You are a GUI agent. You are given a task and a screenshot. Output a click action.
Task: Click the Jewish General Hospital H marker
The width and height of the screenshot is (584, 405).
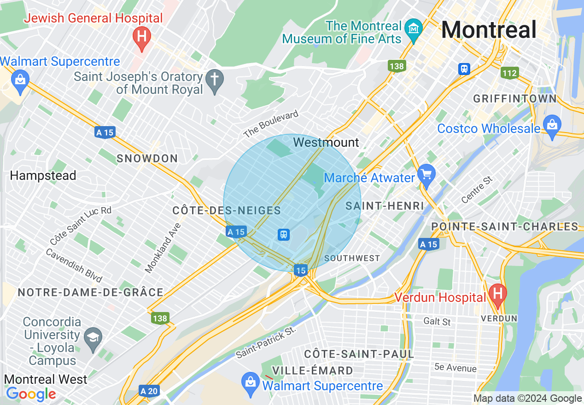pyautogui.click(x=141, y=36)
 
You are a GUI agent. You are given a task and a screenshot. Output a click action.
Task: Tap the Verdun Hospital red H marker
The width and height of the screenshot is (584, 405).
pyautogui.click(x=497, y=293)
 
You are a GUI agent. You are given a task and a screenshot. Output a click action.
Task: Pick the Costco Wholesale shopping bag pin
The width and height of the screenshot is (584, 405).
pyautogui.click(x=551, y=125)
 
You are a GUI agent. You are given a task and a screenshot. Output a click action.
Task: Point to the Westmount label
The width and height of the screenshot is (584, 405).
pyautogui.click(x=326, y=142)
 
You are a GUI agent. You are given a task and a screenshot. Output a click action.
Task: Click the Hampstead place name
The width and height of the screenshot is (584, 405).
pyautogui.click(x=43, y=175)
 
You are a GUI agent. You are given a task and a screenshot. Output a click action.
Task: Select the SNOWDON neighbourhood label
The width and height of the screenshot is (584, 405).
pyautogui.click(x=147, y=159)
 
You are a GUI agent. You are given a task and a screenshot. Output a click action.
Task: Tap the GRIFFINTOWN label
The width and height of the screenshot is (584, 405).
pyautogui.click(x=515, y=98)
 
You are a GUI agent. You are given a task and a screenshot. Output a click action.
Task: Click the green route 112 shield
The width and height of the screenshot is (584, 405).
pyautogui.click(x=510, y=72)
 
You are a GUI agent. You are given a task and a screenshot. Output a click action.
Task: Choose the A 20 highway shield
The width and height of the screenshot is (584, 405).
pyautogui.click(x=149, y=391)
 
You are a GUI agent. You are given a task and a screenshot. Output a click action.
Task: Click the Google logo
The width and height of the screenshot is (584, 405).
pyautogui.click(x=31, y=394)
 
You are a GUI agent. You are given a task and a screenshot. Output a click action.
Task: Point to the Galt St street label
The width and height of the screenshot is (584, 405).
pyautogui.click(x=437, y=321)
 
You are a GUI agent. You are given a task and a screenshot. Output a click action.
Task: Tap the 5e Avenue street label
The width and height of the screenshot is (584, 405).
pyautogui.click(x=455, y=368)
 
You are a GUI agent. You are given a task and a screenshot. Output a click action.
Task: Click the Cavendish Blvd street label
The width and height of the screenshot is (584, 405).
pyautogui.click(x=74, y=266)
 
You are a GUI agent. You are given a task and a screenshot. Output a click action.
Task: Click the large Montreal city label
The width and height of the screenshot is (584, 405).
pyautogui.click(x=489, y=30)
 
